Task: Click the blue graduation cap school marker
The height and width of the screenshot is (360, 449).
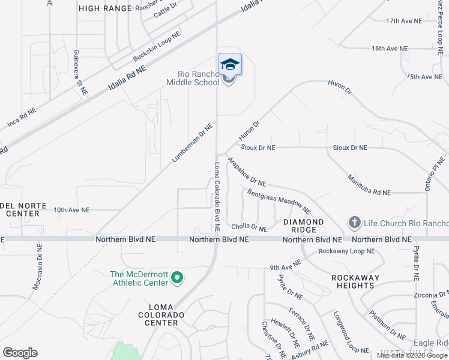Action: tap(230, 64)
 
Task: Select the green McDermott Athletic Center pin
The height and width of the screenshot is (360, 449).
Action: tap(176, 278)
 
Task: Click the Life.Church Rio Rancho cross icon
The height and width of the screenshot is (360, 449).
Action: tap(354, 223)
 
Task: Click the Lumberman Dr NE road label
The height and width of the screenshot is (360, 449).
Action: tap(193, 143)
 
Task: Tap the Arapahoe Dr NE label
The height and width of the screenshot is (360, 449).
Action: tap(246, 172)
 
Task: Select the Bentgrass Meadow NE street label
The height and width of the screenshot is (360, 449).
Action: tap(279, 201)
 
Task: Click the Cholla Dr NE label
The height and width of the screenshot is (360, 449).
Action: tap(249, 228)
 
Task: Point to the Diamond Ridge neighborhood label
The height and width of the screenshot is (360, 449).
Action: tap(303, 226)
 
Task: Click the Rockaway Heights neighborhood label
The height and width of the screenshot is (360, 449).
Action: tap(356, 281)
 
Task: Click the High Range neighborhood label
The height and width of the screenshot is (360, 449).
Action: tap(105, 8)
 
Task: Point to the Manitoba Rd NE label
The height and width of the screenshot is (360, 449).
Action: tap(369, 185)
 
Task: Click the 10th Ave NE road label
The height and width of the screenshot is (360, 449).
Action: tap(71, 210)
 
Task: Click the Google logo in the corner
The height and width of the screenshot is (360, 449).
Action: tap(20, 353)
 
